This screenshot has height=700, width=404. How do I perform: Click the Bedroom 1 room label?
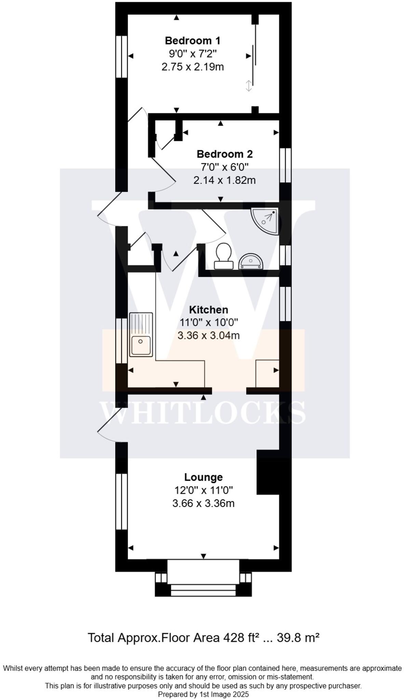192,41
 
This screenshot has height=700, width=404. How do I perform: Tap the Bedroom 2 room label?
225,154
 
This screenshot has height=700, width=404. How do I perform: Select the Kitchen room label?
208,310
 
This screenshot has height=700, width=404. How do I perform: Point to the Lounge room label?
203,477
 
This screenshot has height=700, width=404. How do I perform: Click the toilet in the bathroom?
224,256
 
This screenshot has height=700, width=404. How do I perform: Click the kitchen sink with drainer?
141,335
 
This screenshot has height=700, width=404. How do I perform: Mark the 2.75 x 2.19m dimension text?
192,67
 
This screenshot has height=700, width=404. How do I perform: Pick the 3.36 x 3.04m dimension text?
208,336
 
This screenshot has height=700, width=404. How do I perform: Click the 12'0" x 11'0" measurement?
203,490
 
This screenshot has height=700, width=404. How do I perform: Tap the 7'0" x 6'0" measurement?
225,167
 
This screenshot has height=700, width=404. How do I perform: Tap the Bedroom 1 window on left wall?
121,56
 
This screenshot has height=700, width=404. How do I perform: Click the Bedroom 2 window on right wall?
285,165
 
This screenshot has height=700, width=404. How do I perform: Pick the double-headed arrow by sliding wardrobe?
249,85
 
